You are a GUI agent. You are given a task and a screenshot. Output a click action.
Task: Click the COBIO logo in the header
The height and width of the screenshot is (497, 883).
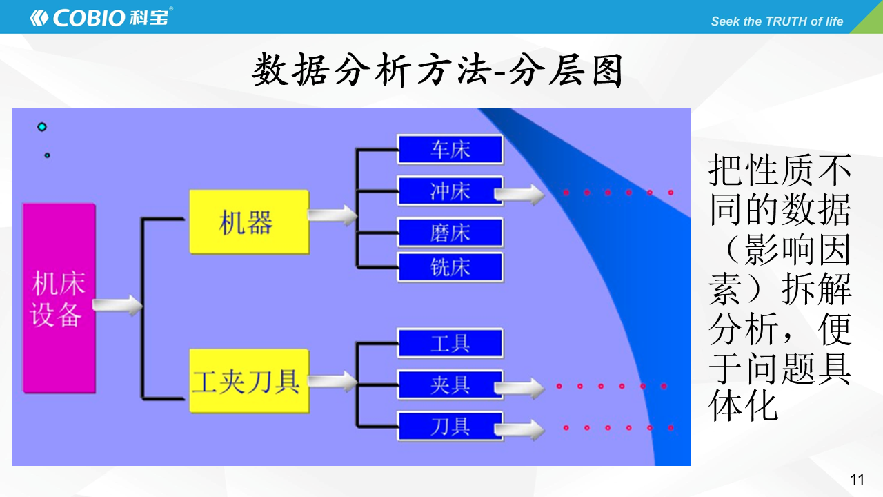pos(101,17)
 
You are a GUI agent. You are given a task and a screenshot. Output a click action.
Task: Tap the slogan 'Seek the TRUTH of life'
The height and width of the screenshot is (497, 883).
pos(777,21)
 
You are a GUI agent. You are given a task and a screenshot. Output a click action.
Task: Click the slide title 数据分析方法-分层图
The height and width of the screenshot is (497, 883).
pos(437,70)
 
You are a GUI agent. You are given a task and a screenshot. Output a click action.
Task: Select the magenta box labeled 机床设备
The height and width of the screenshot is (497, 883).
pos(59,298)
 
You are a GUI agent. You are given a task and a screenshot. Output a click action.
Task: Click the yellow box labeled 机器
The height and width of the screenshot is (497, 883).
pos(249,222)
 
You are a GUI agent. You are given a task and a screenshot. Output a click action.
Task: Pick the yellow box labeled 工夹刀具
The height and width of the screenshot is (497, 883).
pos(249,381)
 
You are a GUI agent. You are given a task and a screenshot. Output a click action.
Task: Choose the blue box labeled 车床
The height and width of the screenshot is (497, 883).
pos(450,150)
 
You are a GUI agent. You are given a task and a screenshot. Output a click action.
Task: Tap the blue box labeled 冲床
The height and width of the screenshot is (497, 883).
pos(450,191)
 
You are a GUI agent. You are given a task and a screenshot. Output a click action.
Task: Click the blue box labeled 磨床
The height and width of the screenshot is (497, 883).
pos(450,233)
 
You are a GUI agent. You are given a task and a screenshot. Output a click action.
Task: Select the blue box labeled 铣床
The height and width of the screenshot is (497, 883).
pos(450,267)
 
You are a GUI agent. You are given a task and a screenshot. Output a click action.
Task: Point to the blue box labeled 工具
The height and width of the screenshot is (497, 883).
pos(450,343)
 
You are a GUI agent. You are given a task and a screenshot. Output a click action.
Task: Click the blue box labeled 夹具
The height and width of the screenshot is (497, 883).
pos(450,385)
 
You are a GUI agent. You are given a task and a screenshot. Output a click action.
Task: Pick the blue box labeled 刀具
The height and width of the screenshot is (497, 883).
pos(450,427)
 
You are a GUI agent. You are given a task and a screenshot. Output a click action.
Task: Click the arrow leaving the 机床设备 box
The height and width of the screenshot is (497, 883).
pos(117,305)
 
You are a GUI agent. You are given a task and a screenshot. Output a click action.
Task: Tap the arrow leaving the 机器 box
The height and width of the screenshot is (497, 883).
pos(333,215)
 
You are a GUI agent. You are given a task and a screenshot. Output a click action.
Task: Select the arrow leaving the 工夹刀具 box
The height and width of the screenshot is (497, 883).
pos(333,382)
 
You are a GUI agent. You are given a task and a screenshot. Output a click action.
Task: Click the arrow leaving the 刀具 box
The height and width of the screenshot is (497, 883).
pos(519,429)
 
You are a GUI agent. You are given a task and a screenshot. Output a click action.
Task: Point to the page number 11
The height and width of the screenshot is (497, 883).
pos(857,480)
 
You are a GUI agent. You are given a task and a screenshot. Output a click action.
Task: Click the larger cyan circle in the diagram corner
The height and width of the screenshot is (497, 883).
pos(42,126)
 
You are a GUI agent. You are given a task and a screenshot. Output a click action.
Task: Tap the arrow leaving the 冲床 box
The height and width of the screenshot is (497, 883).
pos(519,195)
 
